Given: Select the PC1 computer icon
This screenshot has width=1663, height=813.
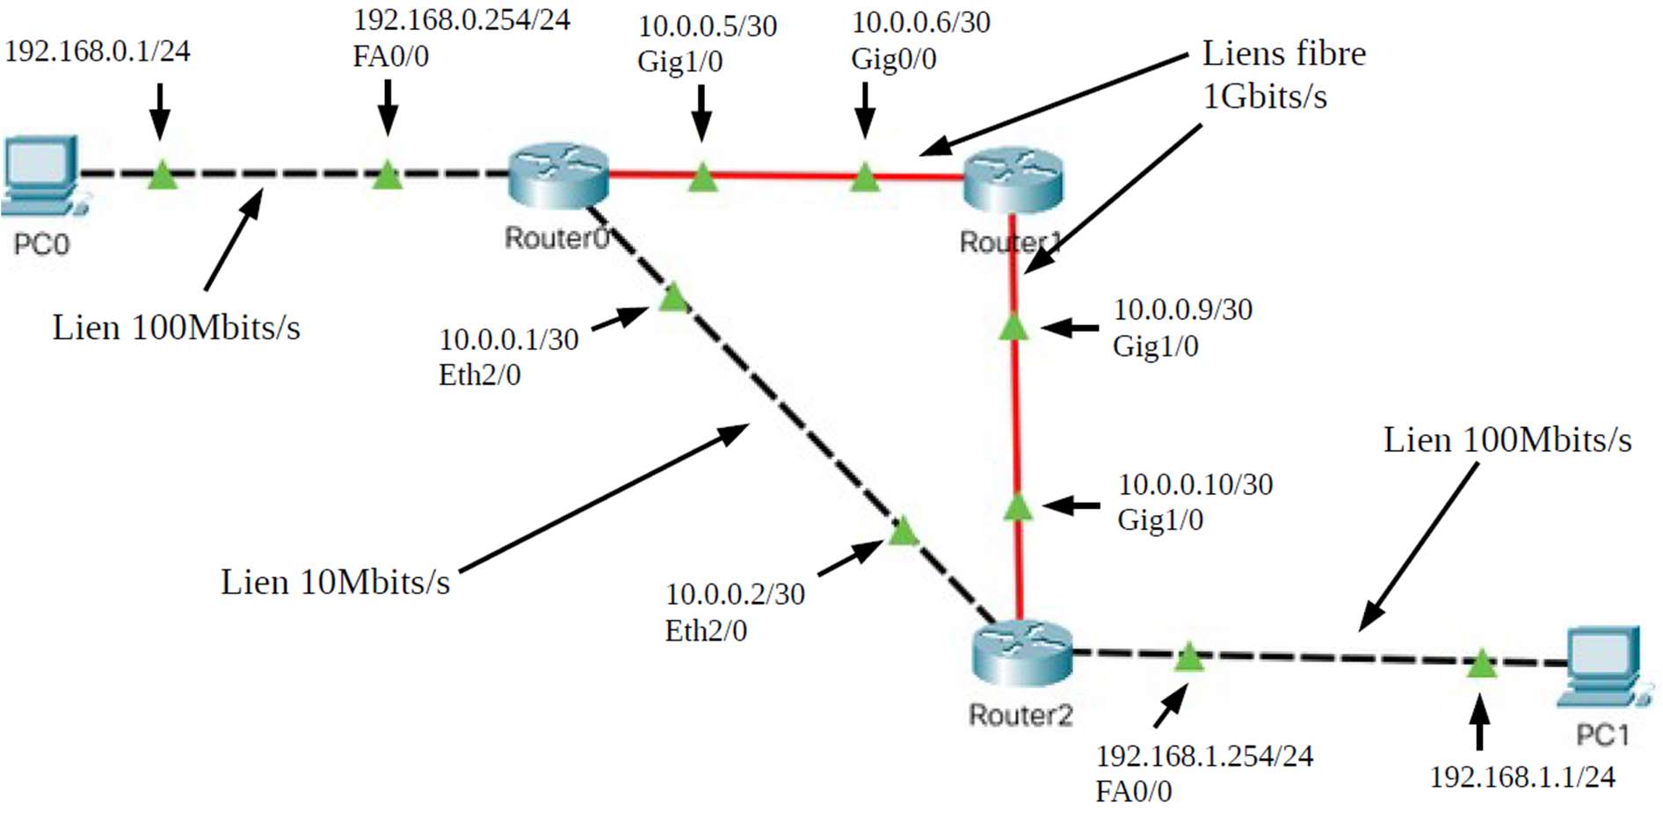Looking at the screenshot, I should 1603,664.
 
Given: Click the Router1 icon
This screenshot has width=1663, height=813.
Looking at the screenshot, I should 1013,180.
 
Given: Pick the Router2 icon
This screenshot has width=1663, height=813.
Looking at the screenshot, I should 1021,653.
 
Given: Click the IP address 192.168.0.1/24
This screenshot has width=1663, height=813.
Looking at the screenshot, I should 97,51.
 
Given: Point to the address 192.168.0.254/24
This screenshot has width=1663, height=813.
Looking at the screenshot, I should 461,19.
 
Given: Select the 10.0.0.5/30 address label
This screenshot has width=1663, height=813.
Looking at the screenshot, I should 708,26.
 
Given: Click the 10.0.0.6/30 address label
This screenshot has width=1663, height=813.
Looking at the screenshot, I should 921,22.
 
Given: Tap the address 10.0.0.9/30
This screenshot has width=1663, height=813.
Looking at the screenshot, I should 1183,309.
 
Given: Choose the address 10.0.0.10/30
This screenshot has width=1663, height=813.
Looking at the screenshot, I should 1195,484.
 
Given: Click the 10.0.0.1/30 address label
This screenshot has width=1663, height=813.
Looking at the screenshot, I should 509,339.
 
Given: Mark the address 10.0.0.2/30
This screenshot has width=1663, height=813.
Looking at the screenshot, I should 735,594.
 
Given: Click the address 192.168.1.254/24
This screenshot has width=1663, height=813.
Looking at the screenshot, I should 1204,756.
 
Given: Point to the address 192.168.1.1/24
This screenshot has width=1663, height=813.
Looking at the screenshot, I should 1522,777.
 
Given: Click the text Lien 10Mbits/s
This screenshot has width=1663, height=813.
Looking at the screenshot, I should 335,582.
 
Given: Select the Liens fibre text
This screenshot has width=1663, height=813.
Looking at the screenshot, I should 1283,54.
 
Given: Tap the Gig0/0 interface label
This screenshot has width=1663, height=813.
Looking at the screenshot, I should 893,59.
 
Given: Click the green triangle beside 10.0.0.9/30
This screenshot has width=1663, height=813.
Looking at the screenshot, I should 1013,327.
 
